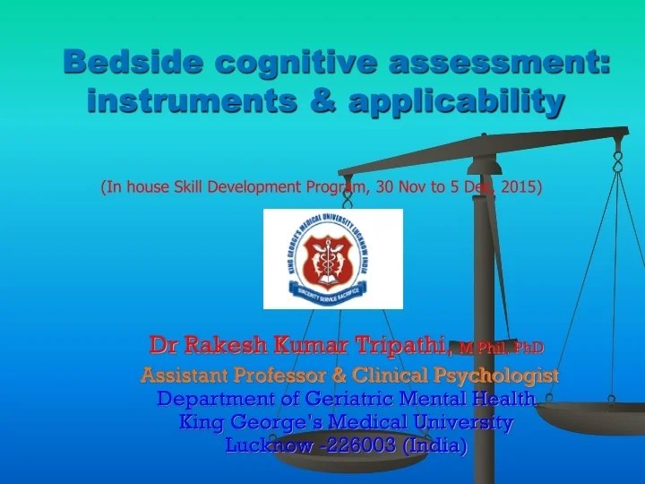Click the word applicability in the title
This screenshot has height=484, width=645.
tap(456, 102)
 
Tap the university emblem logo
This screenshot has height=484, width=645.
tap(332, 258)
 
